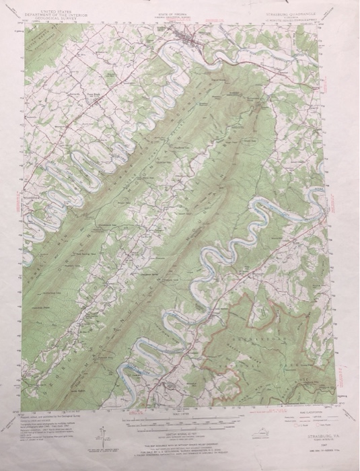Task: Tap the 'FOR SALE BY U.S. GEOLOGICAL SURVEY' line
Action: click(x=178, y=446)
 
